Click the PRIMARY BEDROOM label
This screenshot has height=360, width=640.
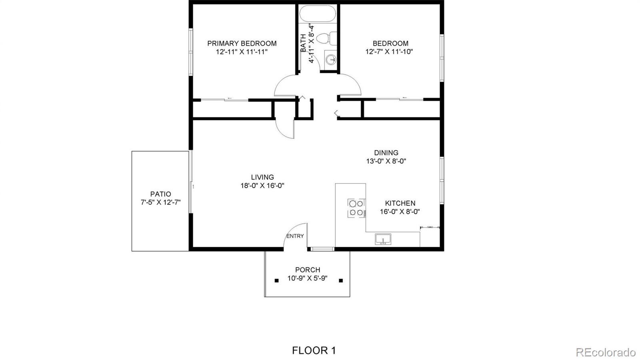242,43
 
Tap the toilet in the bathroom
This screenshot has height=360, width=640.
326,38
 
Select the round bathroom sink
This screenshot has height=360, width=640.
330,60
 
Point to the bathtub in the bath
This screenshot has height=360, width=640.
318,14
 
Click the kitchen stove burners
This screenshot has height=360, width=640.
356,208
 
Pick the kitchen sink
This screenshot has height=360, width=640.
383,239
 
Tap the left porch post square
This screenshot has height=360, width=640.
276,280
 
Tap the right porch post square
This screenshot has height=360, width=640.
341,280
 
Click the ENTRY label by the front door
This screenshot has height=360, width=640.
295,236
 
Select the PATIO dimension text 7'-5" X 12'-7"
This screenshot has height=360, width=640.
160,202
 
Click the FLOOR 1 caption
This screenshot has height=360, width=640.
314,351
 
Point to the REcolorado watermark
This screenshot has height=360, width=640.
605,352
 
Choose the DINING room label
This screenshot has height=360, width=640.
386,152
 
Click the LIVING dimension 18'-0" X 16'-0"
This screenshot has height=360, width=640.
262,186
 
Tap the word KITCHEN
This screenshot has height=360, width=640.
400,203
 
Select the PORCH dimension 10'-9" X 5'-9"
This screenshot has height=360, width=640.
307,278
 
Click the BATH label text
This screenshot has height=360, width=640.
303,43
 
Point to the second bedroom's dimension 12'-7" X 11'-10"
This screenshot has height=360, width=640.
389,52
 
